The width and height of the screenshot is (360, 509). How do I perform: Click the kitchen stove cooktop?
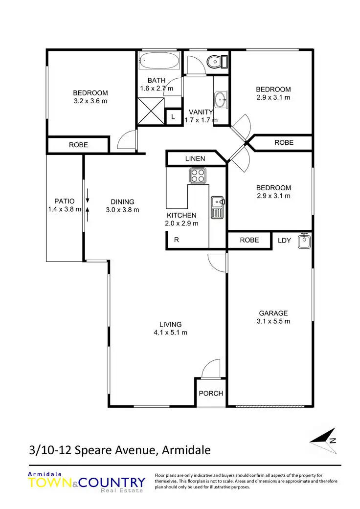coord(198,175)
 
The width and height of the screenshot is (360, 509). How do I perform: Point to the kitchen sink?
coord(217,207)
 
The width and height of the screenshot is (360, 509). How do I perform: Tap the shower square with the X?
coord(150,111)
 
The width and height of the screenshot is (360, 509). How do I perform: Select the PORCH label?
coord(211,393)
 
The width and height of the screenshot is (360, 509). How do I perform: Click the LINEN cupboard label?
coord(195,159)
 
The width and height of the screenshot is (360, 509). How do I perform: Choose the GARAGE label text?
coord(273,313)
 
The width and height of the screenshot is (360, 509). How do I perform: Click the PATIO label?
coord(65,201)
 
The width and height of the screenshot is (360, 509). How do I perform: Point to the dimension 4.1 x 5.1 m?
coord(170,332)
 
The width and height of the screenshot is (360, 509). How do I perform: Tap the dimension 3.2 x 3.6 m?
coord(90,101)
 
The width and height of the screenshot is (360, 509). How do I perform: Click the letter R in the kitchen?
coord(177,240)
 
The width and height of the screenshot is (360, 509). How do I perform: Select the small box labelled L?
coord(172,117)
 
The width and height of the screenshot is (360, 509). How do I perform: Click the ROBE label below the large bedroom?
coord(78,145)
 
